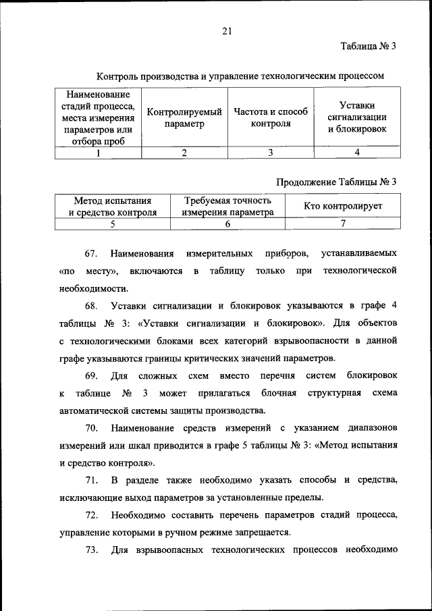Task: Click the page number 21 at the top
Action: point(226,30)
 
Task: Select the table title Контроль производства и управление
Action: point(240,76)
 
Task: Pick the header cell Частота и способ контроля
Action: point(271,117)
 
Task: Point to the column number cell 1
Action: point(98,153)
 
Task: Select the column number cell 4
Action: point(357,153)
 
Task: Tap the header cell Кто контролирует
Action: point(343,206)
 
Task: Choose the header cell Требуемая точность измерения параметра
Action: point(227,206)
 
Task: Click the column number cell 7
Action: point(343,223)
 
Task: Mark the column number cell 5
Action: point(113,223)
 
